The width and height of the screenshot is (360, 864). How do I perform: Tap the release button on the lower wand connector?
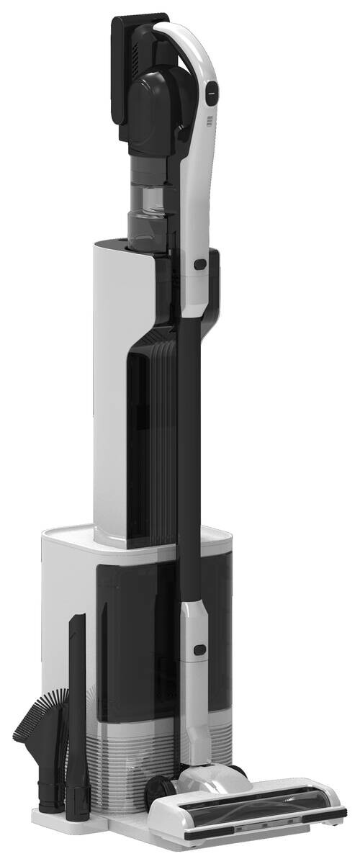199,651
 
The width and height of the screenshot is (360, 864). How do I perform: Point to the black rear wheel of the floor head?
159,796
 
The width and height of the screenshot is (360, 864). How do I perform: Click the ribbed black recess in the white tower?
155,432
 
